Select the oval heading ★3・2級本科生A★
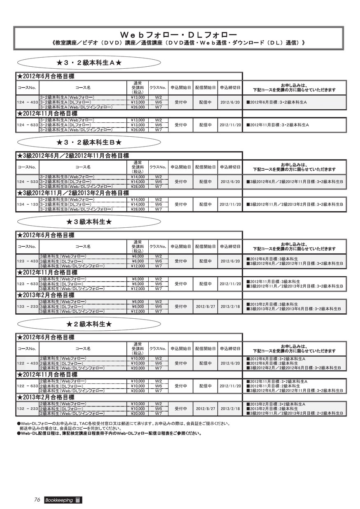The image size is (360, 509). point(89,63)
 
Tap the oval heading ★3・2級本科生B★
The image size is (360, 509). point(89,142)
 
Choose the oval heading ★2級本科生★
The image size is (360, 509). point(89,324)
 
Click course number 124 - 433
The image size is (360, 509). point(28,102)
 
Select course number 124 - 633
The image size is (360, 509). point(28,125)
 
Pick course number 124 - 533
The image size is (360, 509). point(28,182)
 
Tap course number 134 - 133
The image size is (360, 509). point(28,204)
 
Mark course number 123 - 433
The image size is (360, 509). point(28,261)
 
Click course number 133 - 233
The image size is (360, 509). point(28,307)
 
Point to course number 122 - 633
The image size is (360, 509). point(28,386)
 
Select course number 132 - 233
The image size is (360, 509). point(28,409)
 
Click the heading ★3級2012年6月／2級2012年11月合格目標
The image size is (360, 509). point(73,156)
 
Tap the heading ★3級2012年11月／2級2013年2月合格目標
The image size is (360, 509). point(73,193)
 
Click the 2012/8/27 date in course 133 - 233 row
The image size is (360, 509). point(206,307)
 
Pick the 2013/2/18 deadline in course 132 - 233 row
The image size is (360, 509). point(230,409)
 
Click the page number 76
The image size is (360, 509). point(37,500)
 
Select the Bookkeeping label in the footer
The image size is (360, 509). point(59,500)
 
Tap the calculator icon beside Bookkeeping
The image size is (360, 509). point(78,500)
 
